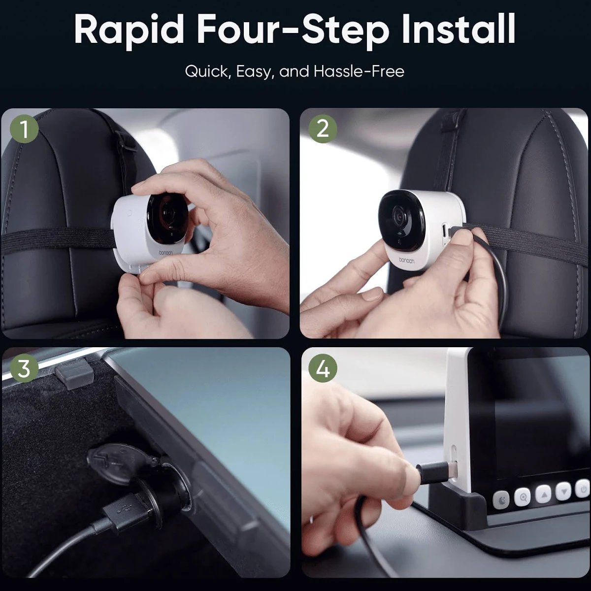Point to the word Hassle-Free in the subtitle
pos(359,71)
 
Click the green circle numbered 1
pos(24,129)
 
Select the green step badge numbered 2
pos(322,129)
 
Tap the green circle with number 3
pos(24,368)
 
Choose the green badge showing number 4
pos(322,368)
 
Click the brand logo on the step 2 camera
pos(406,261)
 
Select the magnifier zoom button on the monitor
pos(523,497)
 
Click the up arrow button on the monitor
pos(543,494)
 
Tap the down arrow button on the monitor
pos(564,491)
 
